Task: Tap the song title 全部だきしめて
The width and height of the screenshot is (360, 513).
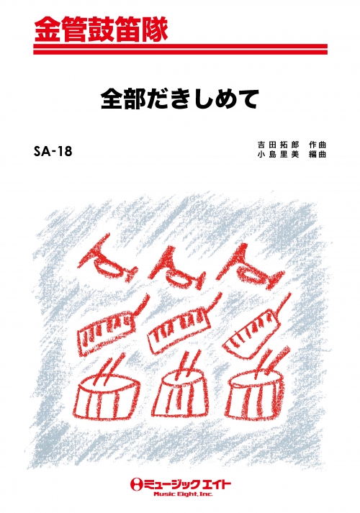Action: coord(180,99)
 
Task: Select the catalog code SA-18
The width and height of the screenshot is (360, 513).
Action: coord(53,152)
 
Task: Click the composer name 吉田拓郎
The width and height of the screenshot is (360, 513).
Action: coord(278,145)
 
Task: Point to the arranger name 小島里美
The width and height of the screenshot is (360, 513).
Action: coord(278,155)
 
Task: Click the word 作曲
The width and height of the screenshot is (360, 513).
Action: coord(317,145)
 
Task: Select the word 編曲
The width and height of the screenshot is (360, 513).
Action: coord(317,155)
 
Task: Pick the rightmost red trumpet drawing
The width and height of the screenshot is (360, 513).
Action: coord(252,265)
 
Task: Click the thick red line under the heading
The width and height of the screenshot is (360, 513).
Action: coord(180,46)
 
